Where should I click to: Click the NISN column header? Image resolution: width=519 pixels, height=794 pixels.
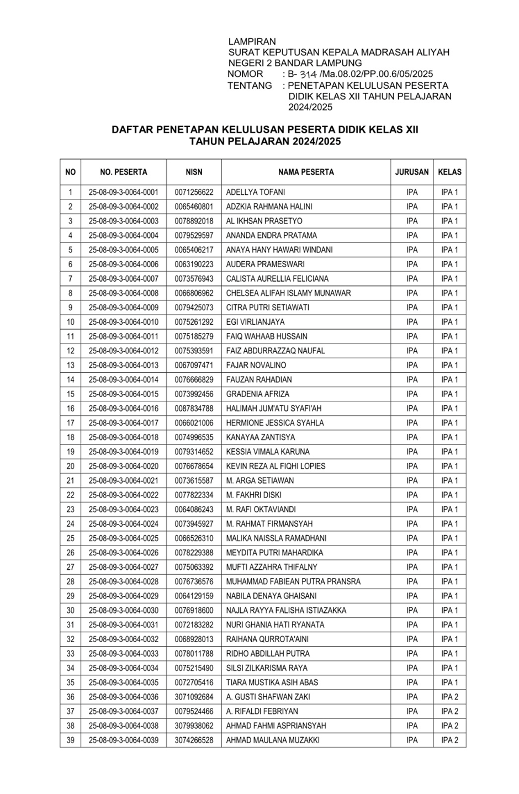pyautogui.click(x=194, y=172)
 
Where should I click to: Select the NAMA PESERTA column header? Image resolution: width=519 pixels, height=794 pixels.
pyautogui.click(x=306, y=172)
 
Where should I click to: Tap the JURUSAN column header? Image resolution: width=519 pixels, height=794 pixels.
pyautogui.click(x=412, y=172)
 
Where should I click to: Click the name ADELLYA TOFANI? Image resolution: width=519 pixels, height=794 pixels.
pyautogui.click(x=256, y=193)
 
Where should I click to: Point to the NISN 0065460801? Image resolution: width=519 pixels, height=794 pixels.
pyautogui.click(x=194, y=207)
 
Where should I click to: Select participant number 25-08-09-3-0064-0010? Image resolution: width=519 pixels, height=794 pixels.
pyautogui.click(x=123, y=322)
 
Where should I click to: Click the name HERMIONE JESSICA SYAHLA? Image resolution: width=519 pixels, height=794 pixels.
pyautogui.click(x=275, y=423)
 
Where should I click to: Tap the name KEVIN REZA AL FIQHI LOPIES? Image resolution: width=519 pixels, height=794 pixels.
pyautogui.click(x=276, y=467)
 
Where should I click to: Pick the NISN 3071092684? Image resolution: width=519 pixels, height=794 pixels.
pyautogui.click(x=194, y=697)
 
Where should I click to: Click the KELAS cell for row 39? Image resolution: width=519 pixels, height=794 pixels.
pyautogui.click(x=449, y=740)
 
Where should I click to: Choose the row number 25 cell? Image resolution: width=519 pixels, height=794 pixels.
pyautogui.click(x=70, y=538)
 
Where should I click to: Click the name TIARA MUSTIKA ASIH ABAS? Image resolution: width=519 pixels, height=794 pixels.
pyautogui.click(x=272, y=682)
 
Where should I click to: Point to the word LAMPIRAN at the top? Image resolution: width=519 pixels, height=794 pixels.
pyautogui.click(x=252, y=41)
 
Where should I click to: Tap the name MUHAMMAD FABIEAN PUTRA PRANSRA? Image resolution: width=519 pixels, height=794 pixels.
pyautogui.click(x=293, y=582)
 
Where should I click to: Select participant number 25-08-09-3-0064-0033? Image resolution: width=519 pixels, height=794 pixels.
pyautogui.click(x=123, y=654)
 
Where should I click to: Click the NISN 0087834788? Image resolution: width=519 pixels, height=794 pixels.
pyautogui.click(x=194, y=409)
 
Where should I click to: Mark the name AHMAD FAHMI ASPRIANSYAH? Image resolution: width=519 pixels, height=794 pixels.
pyautogui.click(x=276, y=726)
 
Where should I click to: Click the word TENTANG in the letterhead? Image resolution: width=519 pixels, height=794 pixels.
pyautogui.click(x=250, y=86)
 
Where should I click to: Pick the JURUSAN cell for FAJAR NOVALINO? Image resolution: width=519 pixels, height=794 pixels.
pyautogui.click(x=412, y=366)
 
